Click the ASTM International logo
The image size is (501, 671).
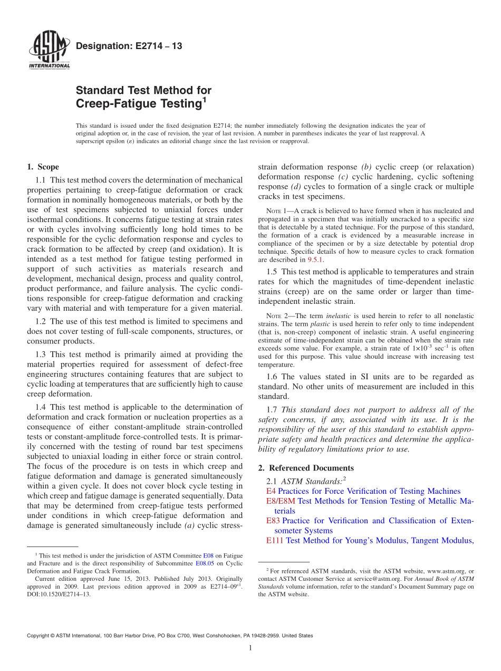pyautogui.click(x=49, y=51)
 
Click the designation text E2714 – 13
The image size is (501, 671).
pyautogui.click(x=129, y=46)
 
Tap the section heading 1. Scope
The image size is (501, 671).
pyautogui.click(x=43, y=167)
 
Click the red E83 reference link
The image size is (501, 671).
pyautogui.click(x=273, y=521)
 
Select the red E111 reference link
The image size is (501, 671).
pyautogui.click(x=275, y=540)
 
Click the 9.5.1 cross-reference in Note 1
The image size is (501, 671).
pyautogui.click(x=315, y=260)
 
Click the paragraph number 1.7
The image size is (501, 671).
pyautogui.click(x=273, y=410)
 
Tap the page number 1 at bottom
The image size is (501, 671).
pyautogui.click(x=250, y=648)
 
